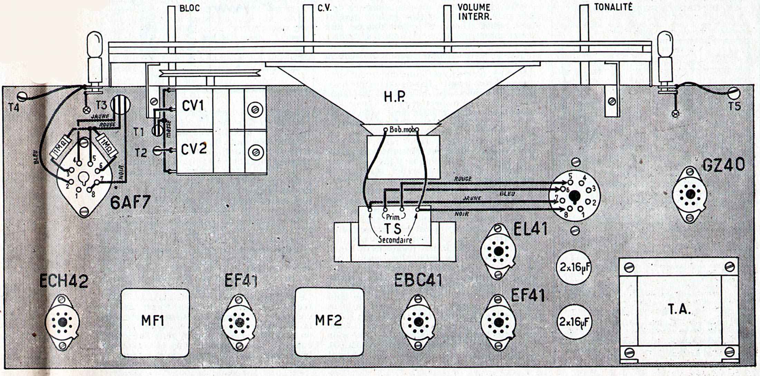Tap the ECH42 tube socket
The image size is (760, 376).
[x=63, y=322]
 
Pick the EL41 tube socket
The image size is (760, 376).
[x=498, y=251]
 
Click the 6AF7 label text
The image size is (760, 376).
[x=130, y=202]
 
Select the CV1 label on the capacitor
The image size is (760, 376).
[x=193, y=106]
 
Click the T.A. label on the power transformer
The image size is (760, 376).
[x=679, y=310]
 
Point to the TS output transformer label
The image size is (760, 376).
[x=392, y=228]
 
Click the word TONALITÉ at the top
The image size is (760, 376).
[x=613, y=7]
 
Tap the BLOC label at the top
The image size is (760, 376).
[x=190, y=8]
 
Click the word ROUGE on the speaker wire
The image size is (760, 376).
[x=463, y=179]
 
